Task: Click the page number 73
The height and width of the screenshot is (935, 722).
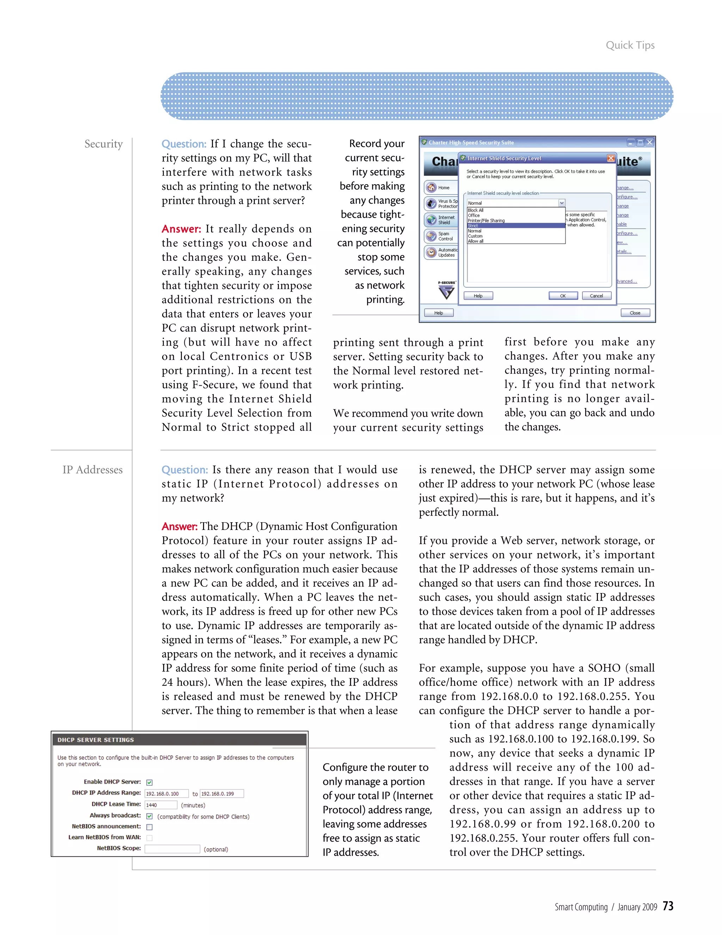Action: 668,905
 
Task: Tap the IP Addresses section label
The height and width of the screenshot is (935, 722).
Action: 92,470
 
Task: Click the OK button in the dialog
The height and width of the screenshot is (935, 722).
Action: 563,296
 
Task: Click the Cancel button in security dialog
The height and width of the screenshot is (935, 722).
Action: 596,296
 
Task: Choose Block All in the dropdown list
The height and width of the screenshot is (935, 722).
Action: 476,210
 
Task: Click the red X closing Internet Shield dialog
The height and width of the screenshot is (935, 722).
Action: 611,158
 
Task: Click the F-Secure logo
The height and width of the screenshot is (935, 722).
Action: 447,290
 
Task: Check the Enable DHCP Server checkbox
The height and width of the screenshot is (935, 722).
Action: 149,782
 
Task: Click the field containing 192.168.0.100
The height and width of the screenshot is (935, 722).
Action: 166,793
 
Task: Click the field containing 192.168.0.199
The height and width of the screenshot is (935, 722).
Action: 221,793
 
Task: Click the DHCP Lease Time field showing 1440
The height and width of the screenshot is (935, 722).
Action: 160,805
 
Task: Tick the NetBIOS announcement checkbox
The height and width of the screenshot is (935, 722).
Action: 149,827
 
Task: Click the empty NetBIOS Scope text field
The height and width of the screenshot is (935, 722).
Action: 172,849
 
